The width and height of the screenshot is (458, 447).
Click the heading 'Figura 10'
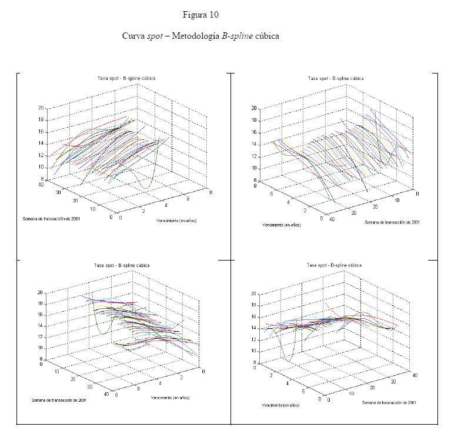pos(200,14)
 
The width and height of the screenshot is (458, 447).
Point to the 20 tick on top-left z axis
pos(41,108)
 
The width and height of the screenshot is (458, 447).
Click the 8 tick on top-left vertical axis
pos(42,179)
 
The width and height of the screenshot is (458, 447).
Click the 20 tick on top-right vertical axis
pos(253,108)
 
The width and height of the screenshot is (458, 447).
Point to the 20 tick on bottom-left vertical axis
pos(41,292)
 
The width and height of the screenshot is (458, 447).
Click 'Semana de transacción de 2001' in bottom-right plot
pos(390,402)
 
